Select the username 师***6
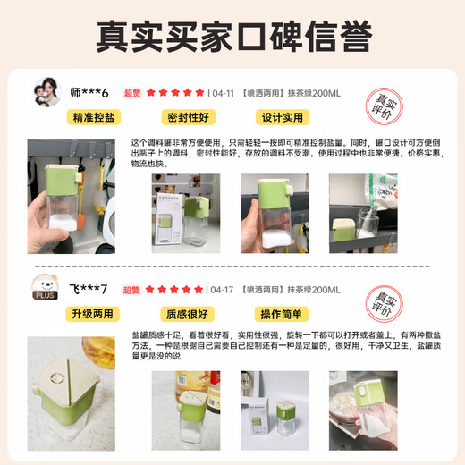(x=89, y=92)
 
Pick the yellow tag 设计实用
(x=283, y=117)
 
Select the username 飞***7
(x=89, y=290)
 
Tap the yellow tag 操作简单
(x=283, y=314)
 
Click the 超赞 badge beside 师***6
(x=131, y=92)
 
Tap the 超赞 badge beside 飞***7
(x=131, y=290)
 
